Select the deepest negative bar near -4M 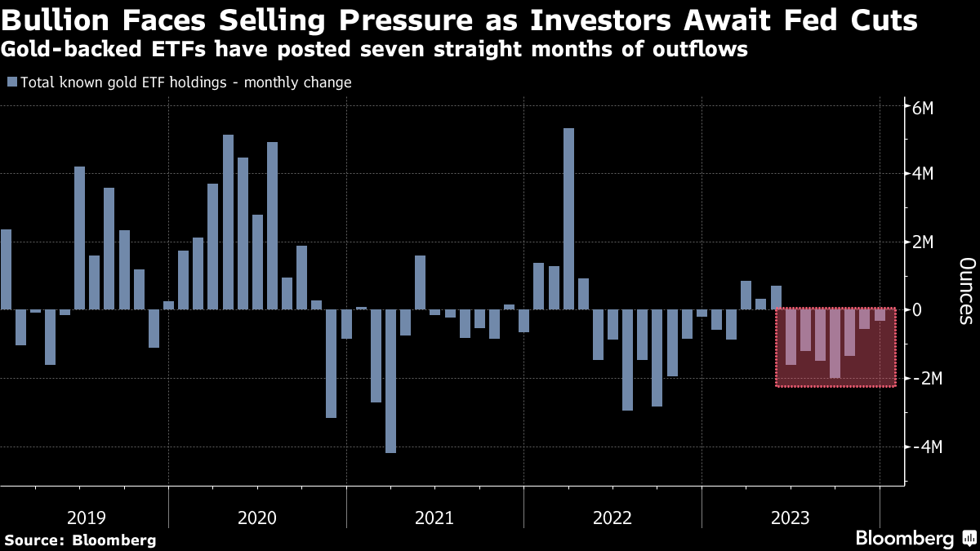coord(390,380)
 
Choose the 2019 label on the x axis coord(87,518)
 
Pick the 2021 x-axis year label coord(434,518)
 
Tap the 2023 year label coord(790,518)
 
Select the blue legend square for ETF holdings coord(11,82)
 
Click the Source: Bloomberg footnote coord(80,540)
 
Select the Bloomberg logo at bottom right coord(914,538)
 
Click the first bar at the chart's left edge coord(6,269)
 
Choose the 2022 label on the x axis coord(612,518)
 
